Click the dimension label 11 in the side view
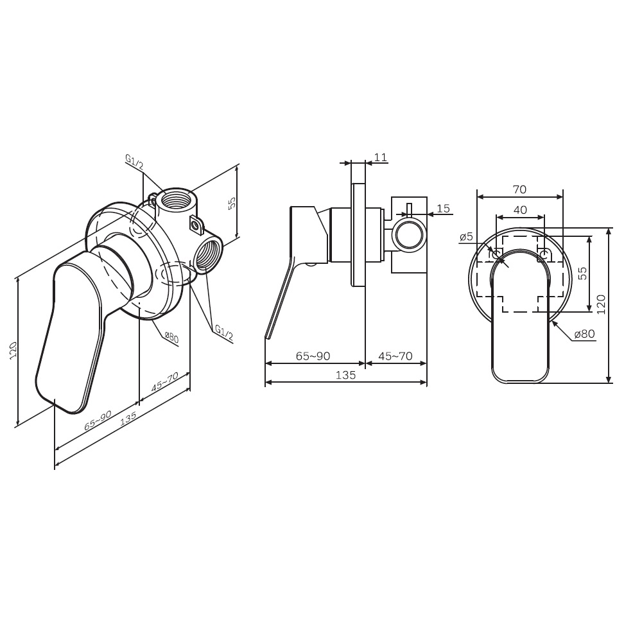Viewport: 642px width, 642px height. tap(381, 157)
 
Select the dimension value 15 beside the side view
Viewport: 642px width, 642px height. tap(443, 209)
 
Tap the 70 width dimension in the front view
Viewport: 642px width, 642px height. tap(519, 189)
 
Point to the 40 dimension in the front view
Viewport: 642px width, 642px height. tap(520, 210)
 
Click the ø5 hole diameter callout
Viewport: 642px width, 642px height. tap(466, 238)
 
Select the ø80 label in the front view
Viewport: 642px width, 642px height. tap(585, 334)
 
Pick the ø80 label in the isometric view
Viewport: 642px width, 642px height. tap(171, 337)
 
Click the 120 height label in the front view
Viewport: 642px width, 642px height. tap(601, 304)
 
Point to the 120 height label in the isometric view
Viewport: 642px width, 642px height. tap(13, 351)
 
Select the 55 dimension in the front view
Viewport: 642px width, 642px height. tap(582, 273)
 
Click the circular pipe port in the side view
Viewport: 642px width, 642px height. tap(409, 234)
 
